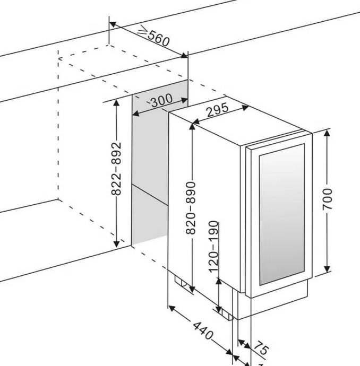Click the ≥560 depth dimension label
(x=153, y=36)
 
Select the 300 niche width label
(x=161, y=101)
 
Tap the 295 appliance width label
(x=217, y=110)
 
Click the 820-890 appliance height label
(x=193, y=207)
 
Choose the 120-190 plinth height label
(x=213, y=247)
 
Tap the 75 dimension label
(x=260, y=348)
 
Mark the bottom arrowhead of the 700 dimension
(x=328, y=269)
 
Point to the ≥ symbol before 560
(x=142, y=31)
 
